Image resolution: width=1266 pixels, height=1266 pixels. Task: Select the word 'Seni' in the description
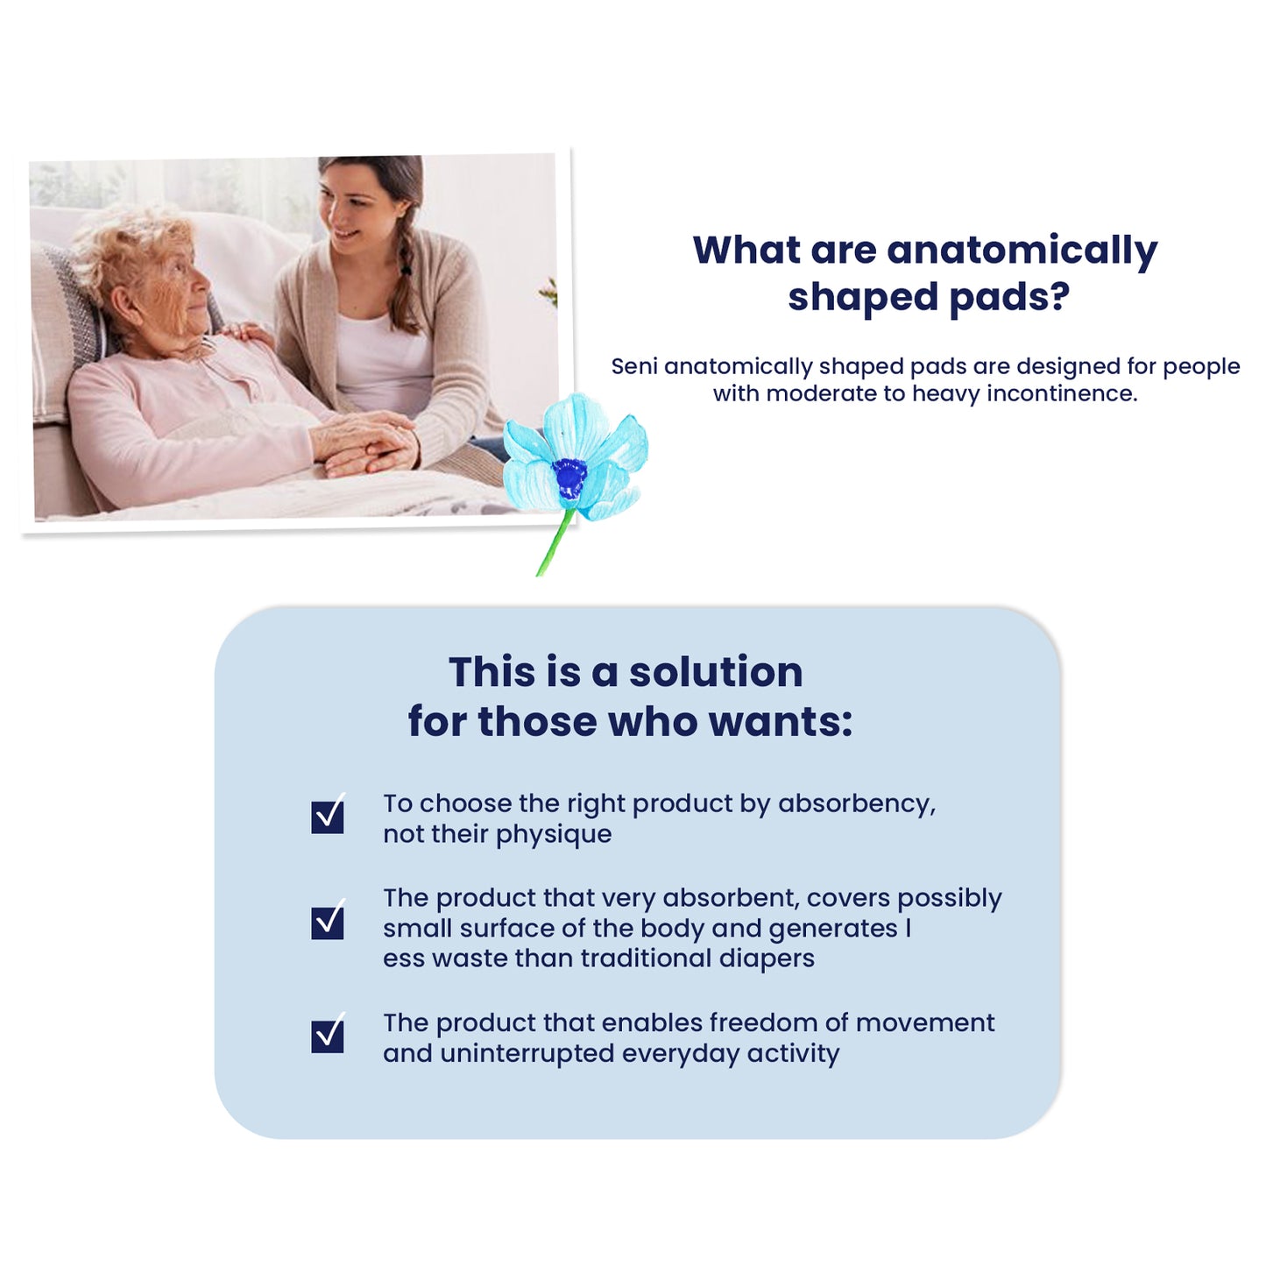coord(633,366)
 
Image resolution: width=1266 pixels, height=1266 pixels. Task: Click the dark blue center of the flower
coord(569,477)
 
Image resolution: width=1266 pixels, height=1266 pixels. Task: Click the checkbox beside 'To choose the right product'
coord(327,816)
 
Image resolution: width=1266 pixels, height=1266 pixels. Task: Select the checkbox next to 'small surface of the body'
coord(327,921)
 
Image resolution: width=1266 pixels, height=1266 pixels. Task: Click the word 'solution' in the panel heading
coord(716,672)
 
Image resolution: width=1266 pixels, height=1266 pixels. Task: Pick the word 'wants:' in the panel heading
coord(781,722)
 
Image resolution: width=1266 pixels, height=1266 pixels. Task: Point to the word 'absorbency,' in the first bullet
coord(857,804)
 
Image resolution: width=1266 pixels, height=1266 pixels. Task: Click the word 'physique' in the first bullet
coord(554,835)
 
